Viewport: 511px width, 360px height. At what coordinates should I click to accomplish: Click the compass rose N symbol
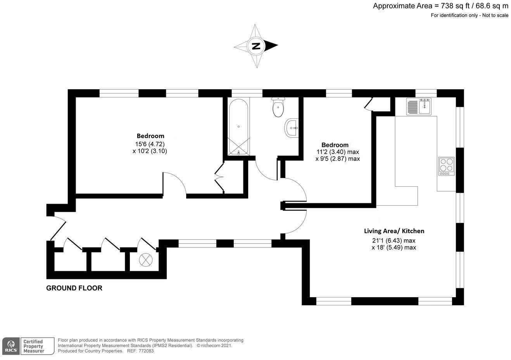256,46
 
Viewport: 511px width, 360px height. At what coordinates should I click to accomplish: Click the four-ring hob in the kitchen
447,166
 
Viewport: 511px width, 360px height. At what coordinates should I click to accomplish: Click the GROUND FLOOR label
74,288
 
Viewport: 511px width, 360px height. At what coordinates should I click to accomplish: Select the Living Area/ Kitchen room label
394,231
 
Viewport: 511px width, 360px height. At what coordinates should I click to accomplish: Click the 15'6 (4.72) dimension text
150,144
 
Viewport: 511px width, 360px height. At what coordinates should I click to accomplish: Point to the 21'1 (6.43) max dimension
394,240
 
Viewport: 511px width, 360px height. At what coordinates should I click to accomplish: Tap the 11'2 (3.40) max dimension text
338,152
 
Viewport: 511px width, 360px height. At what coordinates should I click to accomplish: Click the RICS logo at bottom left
11,345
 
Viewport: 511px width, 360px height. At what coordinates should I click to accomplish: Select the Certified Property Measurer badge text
33,346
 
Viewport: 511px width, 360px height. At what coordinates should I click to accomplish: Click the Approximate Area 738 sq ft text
440,6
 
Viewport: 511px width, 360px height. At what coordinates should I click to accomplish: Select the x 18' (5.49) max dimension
394,247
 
